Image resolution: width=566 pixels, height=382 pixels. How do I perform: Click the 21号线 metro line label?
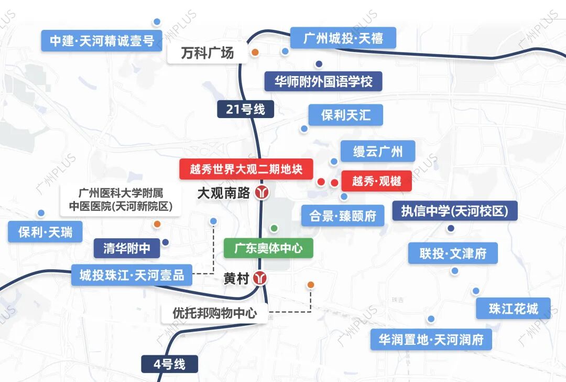click(245, 109)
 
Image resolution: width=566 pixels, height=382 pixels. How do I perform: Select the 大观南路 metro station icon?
click(261, 193)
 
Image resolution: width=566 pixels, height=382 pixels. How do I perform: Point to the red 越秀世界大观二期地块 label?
click(246, 169)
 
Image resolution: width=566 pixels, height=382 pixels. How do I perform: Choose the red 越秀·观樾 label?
click(376, 181)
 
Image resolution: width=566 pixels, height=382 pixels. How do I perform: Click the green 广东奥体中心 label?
click(268, 248)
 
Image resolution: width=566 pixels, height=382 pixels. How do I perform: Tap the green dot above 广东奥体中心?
click(274, 228)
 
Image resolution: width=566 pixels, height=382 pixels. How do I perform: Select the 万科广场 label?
click(207, 54)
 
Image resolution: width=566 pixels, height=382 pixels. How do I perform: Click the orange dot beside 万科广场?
click(255, 52)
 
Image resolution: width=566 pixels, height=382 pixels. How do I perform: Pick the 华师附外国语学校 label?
click(323, 81)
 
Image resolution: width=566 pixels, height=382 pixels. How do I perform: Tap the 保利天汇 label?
click(345, 115)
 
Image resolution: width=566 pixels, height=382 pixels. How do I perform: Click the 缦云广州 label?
click(377, 152)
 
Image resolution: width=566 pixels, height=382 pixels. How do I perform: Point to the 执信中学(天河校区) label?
click(454, 211)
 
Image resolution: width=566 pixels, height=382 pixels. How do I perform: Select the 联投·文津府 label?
click(453, 253)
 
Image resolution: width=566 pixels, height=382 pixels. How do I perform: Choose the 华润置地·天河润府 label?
click(431, 339)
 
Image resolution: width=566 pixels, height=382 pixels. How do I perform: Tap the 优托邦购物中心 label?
click(215, 313)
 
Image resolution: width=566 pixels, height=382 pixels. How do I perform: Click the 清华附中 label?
click(126, 248)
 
